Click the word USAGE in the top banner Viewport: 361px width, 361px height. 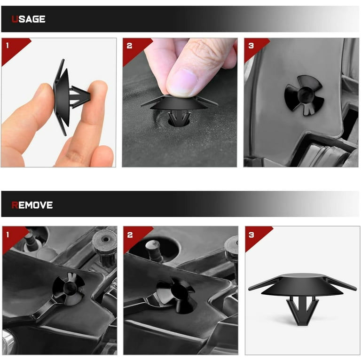28,19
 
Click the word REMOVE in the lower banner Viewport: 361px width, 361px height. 32,205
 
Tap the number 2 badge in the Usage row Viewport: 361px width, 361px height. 130,46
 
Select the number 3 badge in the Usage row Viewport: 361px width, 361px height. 251,46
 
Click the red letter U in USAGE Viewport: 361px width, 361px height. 15,19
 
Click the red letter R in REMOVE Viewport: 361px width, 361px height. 15,205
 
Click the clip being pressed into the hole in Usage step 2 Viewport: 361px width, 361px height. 179,108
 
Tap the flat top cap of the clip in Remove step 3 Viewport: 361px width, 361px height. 302,283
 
